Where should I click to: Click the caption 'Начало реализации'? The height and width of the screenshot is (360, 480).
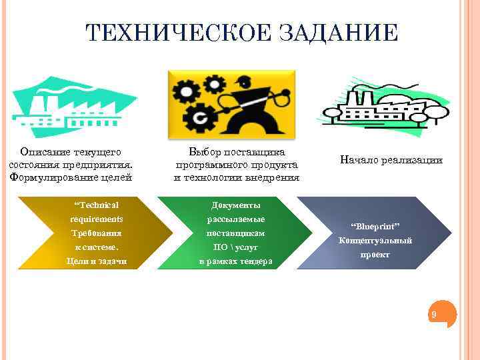point(391,160)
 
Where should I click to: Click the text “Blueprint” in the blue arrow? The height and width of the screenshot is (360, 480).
point(375,226)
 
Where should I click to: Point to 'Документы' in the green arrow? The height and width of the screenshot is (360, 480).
point(235,206)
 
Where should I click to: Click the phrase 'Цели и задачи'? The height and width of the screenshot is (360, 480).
point(96,261)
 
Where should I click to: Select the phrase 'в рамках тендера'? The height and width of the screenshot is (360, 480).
point(235,261)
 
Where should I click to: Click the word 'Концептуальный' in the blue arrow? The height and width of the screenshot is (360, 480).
point(375,241)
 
